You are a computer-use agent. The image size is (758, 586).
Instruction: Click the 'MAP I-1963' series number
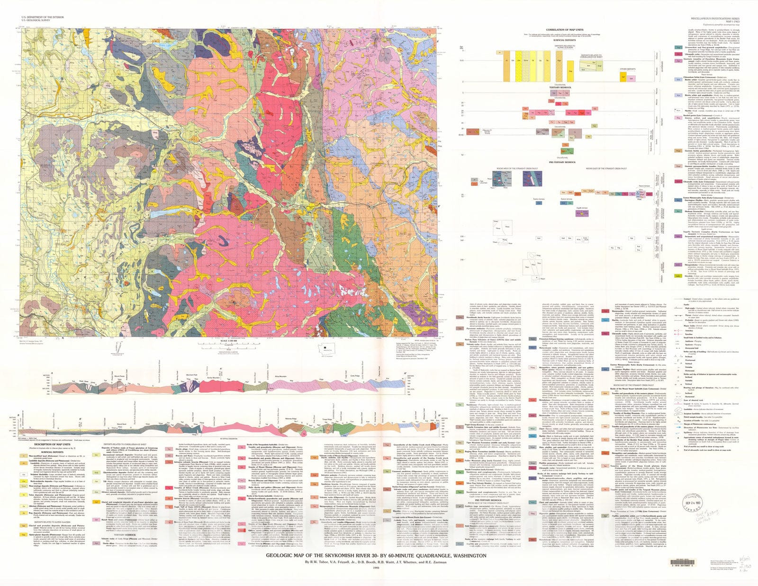(733, 20)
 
